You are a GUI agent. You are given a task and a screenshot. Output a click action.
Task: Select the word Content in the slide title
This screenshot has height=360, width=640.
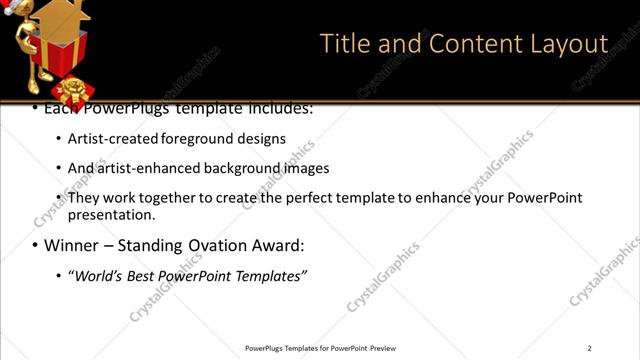point(463,44)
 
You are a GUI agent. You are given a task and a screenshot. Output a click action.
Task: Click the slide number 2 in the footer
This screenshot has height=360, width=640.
point(589,348)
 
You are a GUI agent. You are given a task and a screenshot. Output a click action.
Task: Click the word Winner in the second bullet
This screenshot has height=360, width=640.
point(73,245)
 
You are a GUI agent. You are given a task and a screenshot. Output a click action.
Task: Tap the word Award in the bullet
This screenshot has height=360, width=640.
point(277,245)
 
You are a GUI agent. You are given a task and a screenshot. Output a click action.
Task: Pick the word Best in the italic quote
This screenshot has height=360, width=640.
point(151,275)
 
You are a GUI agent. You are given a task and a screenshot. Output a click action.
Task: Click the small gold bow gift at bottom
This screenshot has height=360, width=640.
point(72,93)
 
